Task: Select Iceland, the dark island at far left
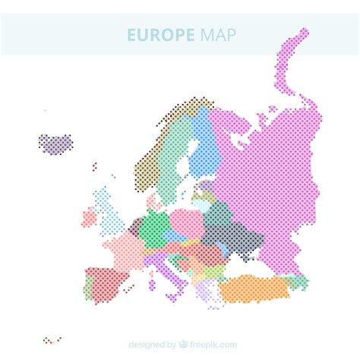click(x=55, y=142)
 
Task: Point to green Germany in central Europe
click(x=156, y=224)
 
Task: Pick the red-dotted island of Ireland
click(x=90, y=218)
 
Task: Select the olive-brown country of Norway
click(x=152, y=159)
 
